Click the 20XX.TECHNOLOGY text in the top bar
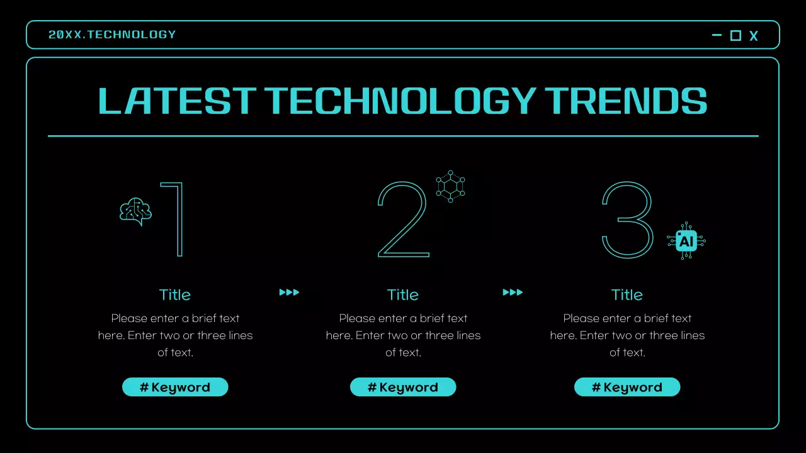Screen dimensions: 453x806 (x=112, y=35)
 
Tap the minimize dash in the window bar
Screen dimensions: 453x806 (x=717, y=35)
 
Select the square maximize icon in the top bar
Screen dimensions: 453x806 (x=735, y=35)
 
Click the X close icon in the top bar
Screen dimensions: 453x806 (x=754, y=36)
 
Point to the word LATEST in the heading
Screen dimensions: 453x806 (x=177, y=101)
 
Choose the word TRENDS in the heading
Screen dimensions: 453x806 (x=626, y=101)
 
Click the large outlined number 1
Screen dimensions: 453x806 (x=174, y=220)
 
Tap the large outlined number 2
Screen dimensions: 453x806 (x=403, y=220)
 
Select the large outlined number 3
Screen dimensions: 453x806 (x=627, y=220)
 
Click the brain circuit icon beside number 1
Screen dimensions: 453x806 (x=136, y=211)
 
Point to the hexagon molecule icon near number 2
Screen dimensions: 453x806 (x=450, y=186)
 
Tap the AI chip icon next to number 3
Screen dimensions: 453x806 (x=686, y=240)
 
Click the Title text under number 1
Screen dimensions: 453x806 (x=175, y=294)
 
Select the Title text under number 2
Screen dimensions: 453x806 (x=403, y=294)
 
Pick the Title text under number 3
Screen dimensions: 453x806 (x=627, y=294)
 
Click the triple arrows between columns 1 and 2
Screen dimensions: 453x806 (x=289, y=292)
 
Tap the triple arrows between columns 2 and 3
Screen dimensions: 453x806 (x=513, y=292)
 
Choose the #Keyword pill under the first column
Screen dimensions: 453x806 (x=175, y=387)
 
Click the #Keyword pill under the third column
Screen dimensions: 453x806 (x=627, y=387)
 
